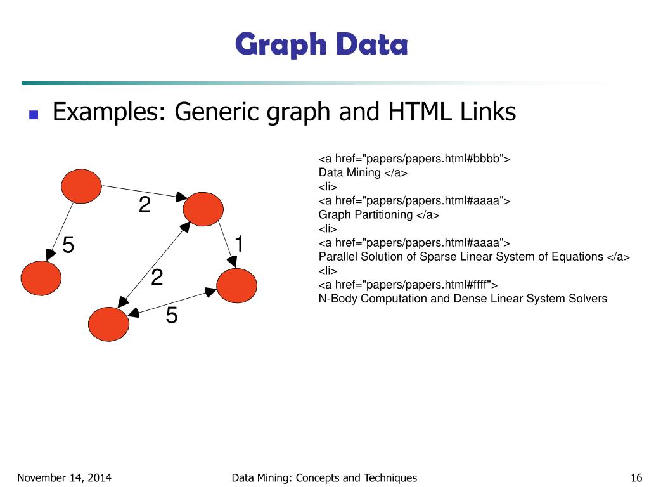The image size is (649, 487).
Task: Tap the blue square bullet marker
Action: point(34,115)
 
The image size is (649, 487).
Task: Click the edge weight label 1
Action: point(240,243)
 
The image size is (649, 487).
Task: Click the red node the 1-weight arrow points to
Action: point(237,285)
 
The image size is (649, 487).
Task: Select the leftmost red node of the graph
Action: point(41,277)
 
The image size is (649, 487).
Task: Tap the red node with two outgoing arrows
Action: point(81,185)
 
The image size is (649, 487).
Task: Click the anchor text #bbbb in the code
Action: point(485,159)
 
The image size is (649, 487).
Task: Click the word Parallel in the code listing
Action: point(338,257)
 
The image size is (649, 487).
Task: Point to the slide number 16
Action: point(637,478)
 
